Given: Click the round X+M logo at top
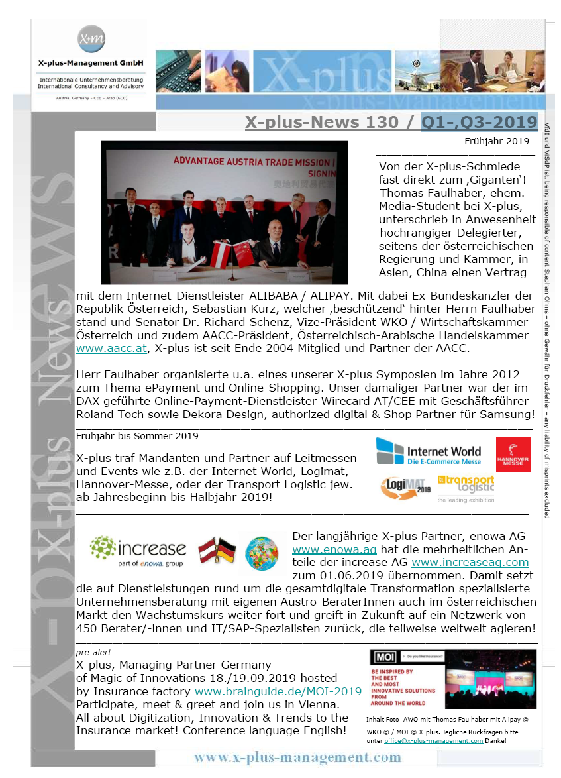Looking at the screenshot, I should (x=91, y=39).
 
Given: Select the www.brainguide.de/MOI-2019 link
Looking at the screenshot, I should (x=278, y=691).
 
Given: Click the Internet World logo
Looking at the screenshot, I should (x=429, y=451).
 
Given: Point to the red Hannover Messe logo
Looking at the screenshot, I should (x=513, y=454).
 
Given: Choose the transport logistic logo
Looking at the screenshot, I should (x=466, y=486).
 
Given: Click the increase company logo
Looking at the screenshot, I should (x=138, y=550).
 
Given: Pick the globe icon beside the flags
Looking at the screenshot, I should (x=262, y=551).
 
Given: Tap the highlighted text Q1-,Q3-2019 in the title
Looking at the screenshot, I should (x=479, y=122).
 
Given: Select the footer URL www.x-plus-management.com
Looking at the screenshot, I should (x=297, y=757).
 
